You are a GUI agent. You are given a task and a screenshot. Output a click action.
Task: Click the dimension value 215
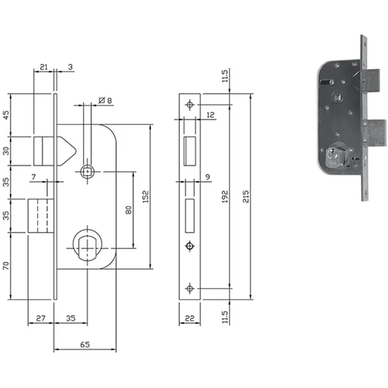tap(245, 196)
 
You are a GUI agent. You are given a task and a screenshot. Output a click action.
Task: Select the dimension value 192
tap(225, 196)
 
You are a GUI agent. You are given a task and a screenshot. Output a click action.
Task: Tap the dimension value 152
tap(146, 196)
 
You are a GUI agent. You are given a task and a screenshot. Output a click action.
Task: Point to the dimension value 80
tap(129, 210)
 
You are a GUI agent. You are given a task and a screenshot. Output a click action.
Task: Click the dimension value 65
tap(85, 344)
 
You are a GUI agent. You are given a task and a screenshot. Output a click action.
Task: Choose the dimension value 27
tap(41, 318)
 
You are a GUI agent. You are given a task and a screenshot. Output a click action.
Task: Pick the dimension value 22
tap(190, 318)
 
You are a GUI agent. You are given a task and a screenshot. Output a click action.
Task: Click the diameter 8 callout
tap(105, 100)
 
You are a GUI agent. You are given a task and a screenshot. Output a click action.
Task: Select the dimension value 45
tap(6, 115)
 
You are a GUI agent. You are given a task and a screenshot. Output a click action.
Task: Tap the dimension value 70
tap(6, 266)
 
